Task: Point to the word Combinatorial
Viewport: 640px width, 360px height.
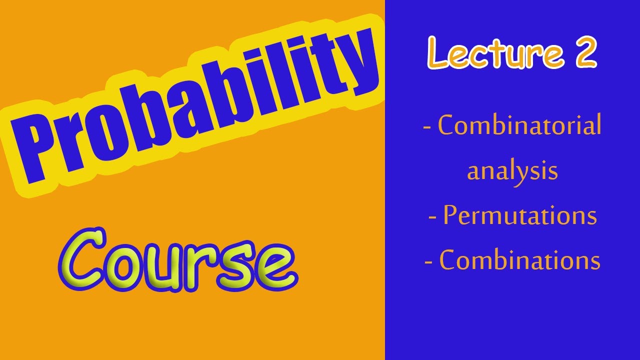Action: point(519,125)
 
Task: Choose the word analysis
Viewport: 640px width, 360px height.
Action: point(512,171)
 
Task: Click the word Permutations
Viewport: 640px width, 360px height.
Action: point(520,216)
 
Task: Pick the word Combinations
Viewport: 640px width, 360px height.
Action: point(519,260)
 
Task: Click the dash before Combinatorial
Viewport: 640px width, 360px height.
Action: point(427,127)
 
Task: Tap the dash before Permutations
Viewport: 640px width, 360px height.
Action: point(433,217)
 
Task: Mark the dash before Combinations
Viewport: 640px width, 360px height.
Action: point(428,261)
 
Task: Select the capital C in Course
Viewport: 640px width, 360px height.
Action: point(87,260)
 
